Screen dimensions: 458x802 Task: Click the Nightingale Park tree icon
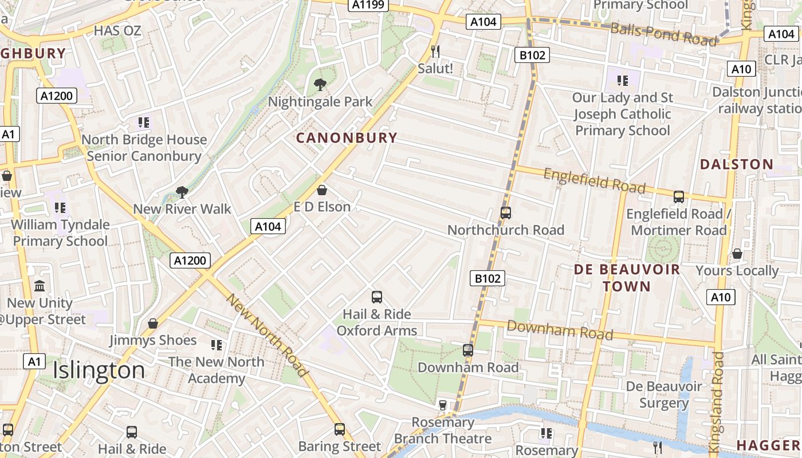pyautogui.click(x=320, y=85)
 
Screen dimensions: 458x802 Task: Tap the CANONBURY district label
pyautogui.click(x=346, y=137)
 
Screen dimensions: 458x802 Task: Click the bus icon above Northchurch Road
pyautogui.click(x=505, y=213)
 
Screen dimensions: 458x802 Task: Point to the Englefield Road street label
pyautogui.click(x=594, y=181)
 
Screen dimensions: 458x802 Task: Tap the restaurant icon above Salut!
pyautogui.click(x=435, y=52)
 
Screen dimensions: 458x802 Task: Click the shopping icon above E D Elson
pyautogui.click(x=322, y=189)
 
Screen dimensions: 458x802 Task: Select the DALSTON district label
pyautogui.click(x=737, y=164)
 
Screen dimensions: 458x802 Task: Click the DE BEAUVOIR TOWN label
pyautogui.click(x=627, y=278)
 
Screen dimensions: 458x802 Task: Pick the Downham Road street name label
pyautogui.click(x=560, y=330)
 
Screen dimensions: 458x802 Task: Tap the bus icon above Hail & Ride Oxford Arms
pyautogui.click(x=376, y=297)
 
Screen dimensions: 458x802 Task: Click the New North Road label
pyautogui.click(x=268, y=335)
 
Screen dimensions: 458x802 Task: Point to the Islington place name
pyautogui.click(x=99, y=370)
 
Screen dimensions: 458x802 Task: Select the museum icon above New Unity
pyautogui.click(x=40, y=286)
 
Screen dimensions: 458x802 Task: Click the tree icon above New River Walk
pyautogui.click(x=182, y=192)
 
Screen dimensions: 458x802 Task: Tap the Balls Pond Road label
pyautogui.click(x=663, y=34)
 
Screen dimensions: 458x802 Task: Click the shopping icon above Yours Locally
pyautogui.click(x=737, y=253)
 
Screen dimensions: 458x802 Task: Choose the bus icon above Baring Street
pyautogui.click(x=340, y=429)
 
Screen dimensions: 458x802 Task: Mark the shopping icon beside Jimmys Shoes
pyautogui.click(x=153, y=323)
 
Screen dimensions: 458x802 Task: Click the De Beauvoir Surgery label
pyautogui.click(x=663, y=395)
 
